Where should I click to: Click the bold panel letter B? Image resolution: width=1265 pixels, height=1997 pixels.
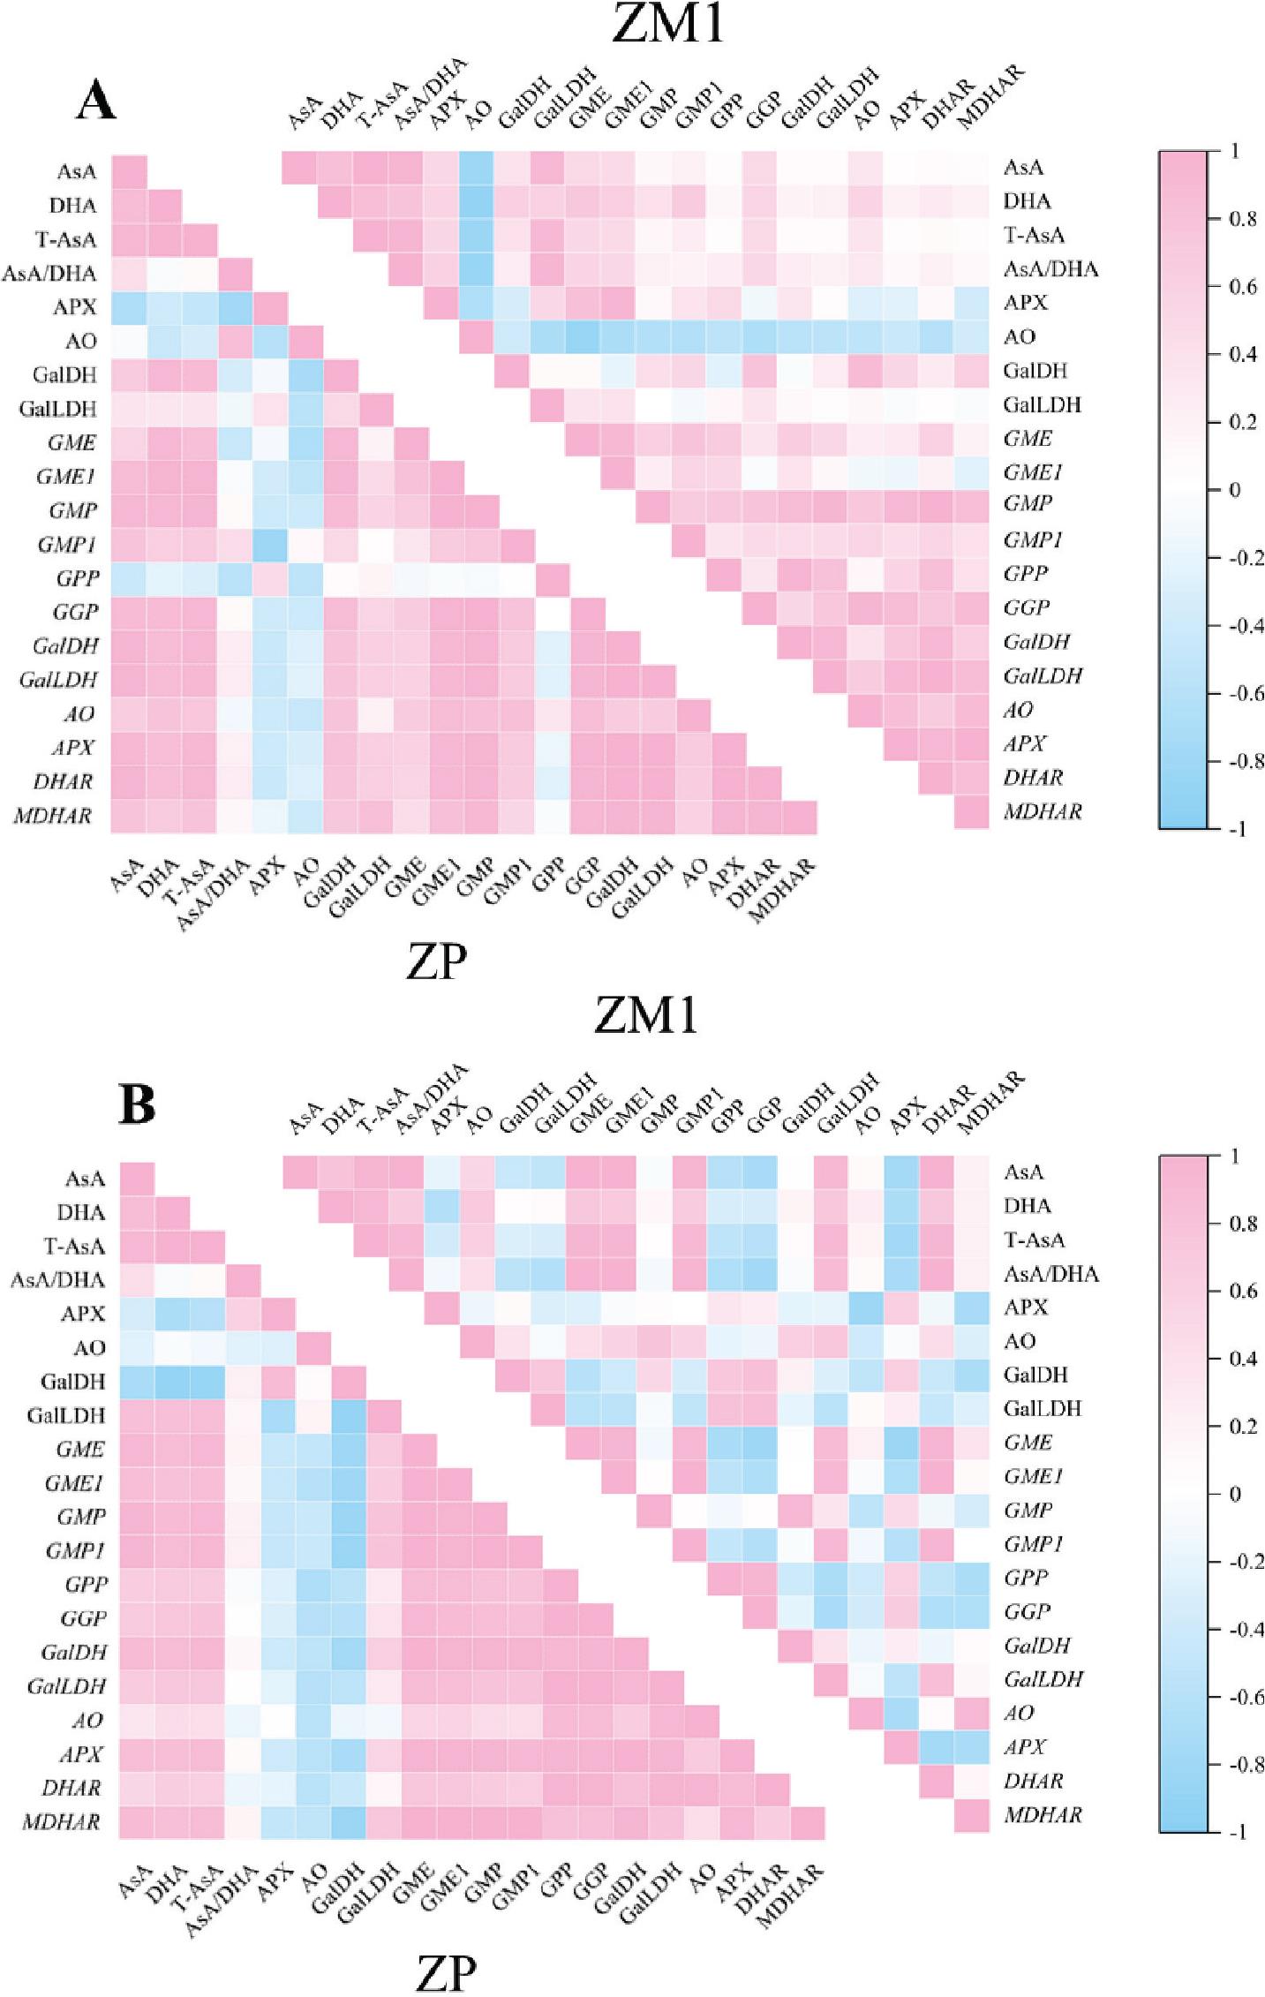pyautogui.click(x=137, y=1104)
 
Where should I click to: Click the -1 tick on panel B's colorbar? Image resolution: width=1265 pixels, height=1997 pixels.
pyautogui.click(x=1238, y=1832)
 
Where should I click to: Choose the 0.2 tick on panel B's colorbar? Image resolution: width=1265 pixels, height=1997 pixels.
pyautogui.click(x=1242, y=1426)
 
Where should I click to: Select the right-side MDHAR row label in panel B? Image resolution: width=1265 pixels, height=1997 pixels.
pyautogui.click(x=1043, y=1815)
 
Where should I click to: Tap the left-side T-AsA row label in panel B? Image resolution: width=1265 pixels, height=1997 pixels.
pyautogui.click(x=75, y=1246)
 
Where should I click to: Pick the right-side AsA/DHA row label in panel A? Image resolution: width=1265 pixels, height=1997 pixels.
pyautogui.click(x=1050, y=268)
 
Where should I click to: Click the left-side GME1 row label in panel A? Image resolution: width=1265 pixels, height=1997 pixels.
pyautogui.click(x=66, y=477)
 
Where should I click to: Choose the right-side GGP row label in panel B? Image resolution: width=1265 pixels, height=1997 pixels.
pyautogui.click(x=1028, y=1611)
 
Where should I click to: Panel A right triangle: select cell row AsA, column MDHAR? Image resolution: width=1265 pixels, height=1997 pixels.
pyautogui.click(x=971, y=167)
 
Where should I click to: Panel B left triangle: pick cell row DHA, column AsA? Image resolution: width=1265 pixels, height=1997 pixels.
pyautogui.click(x=137, y=1212)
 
